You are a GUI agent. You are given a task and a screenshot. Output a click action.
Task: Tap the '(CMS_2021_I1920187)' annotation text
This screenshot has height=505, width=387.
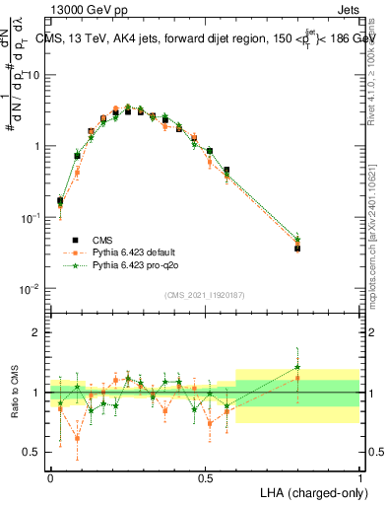203,293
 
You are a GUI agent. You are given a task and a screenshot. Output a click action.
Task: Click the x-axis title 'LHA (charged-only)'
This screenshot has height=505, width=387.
308,491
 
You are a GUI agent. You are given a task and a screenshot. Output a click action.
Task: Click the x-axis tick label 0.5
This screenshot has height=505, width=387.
205,478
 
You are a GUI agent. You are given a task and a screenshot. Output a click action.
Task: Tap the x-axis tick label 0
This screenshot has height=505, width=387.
50,478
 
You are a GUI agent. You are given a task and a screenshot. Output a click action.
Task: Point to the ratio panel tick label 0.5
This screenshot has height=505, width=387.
32,452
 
